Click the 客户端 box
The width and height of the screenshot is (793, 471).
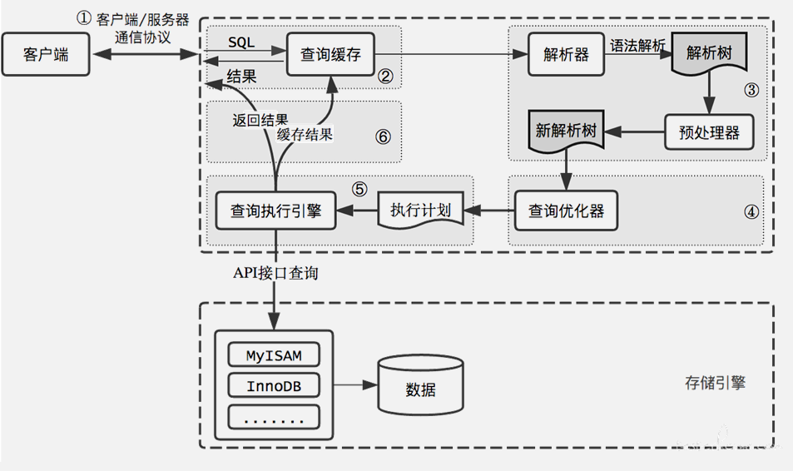[46, 55]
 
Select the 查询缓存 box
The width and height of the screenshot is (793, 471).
[330, 55]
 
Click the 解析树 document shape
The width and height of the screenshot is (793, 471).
[708, 52]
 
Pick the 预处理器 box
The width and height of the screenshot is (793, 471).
[703, 131]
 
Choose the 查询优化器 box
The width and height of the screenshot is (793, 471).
[566, 211]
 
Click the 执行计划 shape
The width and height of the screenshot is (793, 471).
[420, 211]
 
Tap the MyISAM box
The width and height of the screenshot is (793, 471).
[274, 355]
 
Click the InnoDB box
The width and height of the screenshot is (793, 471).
[274, 386]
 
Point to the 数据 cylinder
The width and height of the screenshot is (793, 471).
[420, 388]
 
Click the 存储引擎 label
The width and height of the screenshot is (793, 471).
[715, 383]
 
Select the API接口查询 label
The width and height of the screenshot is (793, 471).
[275, 273]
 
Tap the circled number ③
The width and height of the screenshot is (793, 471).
[751, 91]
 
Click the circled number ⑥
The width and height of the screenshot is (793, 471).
[383, 136]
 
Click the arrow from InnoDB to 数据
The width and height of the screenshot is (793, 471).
[349, 386]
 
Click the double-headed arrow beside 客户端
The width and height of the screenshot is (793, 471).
[146, 55]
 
